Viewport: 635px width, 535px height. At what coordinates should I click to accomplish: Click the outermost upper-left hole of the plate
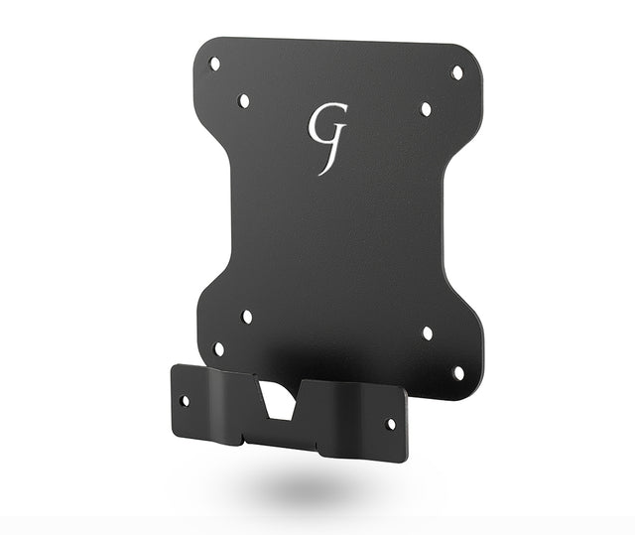(x=214, y=64)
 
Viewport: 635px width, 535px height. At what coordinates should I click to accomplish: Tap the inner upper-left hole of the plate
(x=244, y=101)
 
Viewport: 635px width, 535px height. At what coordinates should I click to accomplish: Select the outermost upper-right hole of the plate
(x=457, y=72)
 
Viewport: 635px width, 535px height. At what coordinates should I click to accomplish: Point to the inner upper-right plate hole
(x=426, y=109)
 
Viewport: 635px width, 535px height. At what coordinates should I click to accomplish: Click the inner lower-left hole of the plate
(x=247, y=317)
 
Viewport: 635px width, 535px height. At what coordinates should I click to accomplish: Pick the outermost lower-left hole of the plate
(x=218, y=349)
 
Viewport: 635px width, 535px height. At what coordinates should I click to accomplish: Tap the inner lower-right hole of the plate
(x=428, y=333)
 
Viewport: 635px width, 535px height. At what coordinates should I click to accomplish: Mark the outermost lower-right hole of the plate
(x=458, y=372)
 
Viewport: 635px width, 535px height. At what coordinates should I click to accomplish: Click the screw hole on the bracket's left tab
(x=185, y=401)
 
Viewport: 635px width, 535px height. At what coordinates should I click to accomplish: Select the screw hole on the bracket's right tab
(x=392, y=424)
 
